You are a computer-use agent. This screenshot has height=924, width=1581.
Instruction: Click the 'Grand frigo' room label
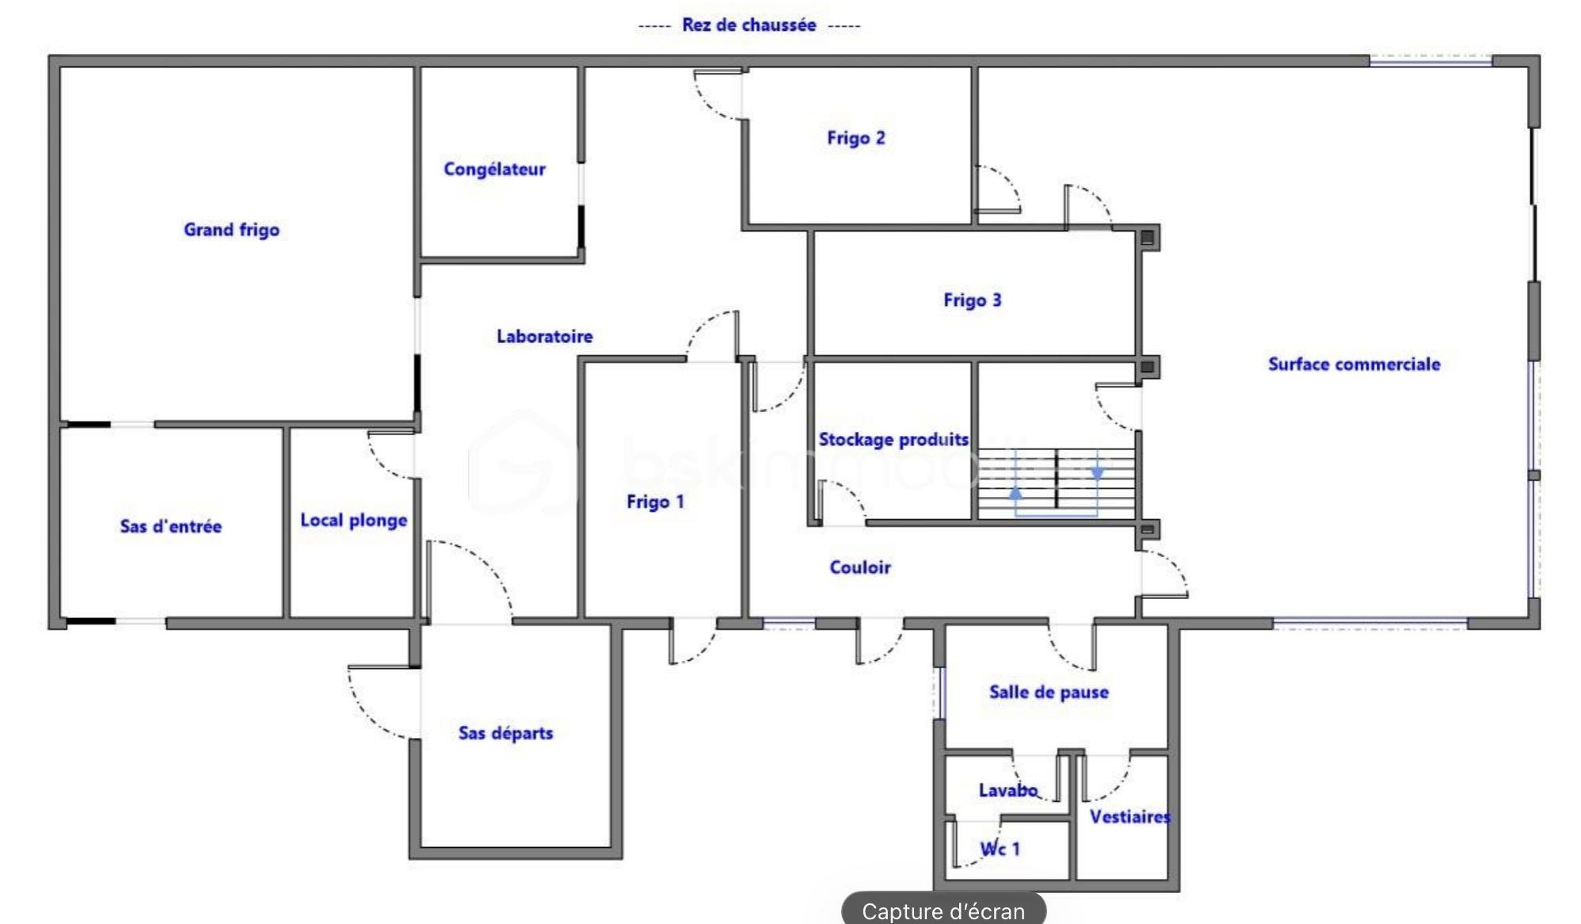coord(231,230)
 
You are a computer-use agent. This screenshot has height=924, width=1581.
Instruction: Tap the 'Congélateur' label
coord(494,169)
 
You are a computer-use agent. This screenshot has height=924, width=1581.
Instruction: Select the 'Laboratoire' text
coord(544,336)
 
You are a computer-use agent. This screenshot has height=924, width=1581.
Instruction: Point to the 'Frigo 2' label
coord(855,138)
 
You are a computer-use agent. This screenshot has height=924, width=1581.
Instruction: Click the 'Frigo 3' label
coord(972,300)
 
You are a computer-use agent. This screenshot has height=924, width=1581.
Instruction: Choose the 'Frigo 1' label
coord(654,502)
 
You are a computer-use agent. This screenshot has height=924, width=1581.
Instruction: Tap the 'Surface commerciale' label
coord(1354,365)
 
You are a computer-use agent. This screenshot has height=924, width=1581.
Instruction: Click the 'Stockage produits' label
coord(893,439)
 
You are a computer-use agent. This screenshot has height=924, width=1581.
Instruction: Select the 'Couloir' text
coord(859,567)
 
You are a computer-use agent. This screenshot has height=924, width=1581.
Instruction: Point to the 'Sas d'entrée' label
coord(170,526)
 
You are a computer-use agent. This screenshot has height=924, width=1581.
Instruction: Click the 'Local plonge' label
coord(353,521)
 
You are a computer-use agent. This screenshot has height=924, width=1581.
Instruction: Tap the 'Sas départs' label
coord(505,733)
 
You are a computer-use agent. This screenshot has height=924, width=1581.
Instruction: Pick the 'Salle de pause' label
coord(1048,692)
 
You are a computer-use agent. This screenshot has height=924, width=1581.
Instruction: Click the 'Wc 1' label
coord(1000,849)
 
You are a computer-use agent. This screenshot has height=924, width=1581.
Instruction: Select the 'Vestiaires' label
coord(1128,817)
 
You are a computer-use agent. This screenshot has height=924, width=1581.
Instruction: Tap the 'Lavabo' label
coord(1008,790)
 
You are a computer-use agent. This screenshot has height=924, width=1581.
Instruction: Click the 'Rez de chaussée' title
coord(749,25)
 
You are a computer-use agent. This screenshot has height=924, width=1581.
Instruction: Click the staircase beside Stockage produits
coord(1056,483)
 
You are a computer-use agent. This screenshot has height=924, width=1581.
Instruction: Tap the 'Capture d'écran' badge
coord(943,911)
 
